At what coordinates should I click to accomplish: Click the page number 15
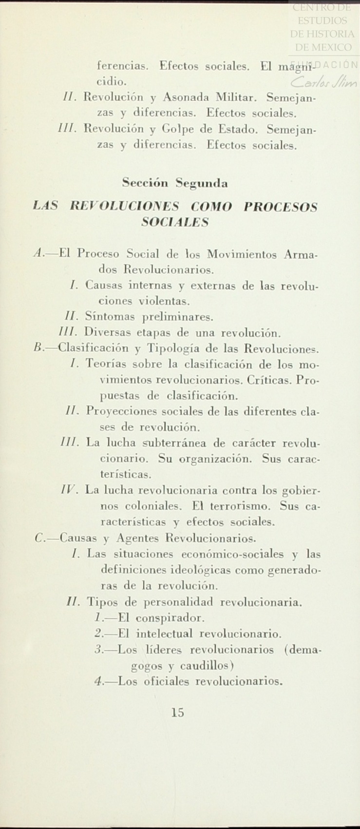178,713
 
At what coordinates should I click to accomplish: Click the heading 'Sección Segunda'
175,184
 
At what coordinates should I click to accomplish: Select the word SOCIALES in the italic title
175,222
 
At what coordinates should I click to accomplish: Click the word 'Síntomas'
109,317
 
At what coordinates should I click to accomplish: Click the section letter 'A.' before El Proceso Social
39,253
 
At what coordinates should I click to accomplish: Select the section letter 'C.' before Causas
40,539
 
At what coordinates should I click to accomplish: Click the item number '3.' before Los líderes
98,650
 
